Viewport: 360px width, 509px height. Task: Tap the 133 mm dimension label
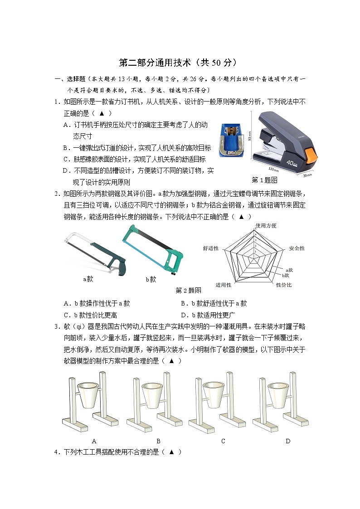(273, 170)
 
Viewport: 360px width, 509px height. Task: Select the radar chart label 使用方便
(266, 225)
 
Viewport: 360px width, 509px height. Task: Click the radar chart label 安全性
(297, 248)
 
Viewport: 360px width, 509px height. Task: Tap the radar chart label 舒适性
(211, 248)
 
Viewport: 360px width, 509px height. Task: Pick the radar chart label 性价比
(284, 285)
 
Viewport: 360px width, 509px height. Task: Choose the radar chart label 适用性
(223, 285)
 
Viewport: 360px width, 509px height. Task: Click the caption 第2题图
(188, 291)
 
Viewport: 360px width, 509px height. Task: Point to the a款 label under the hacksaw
(88, 279)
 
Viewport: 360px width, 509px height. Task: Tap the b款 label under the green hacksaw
(151, 279)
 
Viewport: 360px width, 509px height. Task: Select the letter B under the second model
(158, 441)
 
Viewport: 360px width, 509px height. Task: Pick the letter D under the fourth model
(288, 441)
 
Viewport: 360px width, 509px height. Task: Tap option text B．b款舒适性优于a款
(214, 303)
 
